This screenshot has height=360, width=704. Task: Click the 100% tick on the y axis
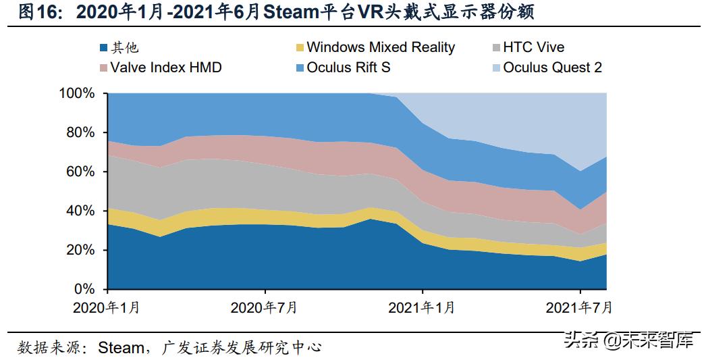coord(76,93)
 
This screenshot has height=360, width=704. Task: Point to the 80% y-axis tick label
coord(80,132)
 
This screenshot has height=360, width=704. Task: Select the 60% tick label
coord(80,172)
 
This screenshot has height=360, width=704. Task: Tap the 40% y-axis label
coord(80,211)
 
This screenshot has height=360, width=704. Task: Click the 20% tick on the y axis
coord(80,250)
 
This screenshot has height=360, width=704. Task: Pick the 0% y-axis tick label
coord(84,289)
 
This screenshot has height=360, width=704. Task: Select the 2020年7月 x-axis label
coord(264,308)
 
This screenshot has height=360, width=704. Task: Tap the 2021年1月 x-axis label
coord(422,308)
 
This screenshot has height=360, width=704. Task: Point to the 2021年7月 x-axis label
coord(580,308)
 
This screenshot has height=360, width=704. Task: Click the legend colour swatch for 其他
coord(103,48)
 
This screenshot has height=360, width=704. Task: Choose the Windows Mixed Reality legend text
coord(380,48)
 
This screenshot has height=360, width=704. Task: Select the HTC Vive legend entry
coord(533,48)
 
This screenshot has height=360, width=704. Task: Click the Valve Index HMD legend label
coord(166,68)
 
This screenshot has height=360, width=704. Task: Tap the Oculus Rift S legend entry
coord(348,68)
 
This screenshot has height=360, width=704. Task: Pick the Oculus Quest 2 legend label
coord(552,68)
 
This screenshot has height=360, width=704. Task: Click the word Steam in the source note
coord(121,347)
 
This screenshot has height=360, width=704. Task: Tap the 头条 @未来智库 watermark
coord(628,340)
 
